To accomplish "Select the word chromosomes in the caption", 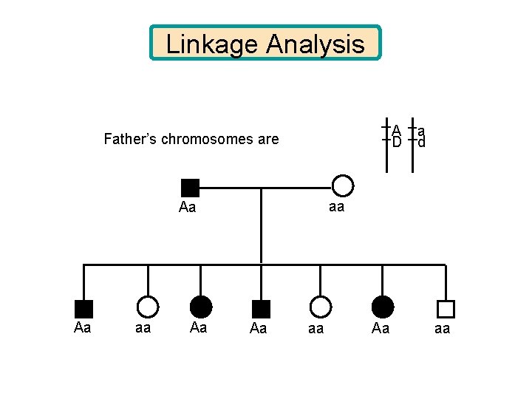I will pos(209,139).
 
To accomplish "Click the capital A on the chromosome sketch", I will pos(397,130).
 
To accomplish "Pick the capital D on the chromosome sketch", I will pos(397,142).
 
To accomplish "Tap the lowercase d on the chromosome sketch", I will pos(421,142).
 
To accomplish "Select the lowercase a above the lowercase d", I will pos(421,130).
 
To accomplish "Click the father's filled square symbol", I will pos(190,187).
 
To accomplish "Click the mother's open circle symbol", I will pos(342,186).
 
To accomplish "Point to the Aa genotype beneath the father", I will pos(188,208).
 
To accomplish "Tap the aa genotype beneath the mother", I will pos(336,208).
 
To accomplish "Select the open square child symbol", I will pos(446,309).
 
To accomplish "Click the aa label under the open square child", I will pos(442,329).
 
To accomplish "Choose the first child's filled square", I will pos(83,309).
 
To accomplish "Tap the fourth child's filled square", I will pos(261,309).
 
